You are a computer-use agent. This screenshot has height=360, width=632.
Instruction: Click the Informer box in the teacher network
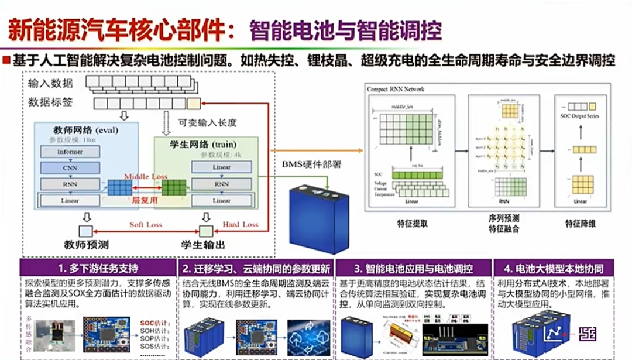[x=70, y=152]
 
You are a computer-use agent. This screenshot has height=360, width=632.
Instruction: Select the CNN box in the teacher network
[x=70, y=168]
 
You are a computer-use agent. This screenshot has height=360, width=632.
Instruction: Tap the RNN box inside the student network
[x=222, y=184]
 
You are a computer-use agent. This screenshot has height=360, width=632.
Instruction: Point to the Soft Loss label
[x=146, y=224]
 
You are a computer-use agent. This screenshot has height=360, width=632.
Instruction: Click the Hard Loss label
[x=240, y=224]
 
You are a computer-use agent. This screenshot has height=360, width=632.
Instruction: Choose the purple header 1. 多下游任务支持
[x=98, y=269]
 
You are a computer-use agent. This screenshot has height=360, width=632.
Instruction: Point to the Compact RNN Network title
[x=396, y=89]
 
